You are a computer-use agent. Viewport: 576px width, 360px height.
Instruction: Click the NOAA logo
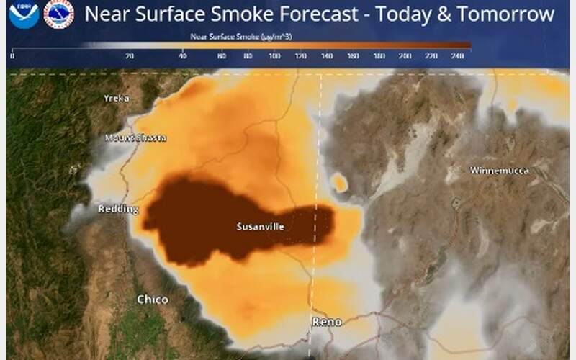(x=24, y=14)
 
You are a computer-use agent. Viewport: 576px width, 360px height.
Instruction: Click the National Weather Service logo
(x=58, y=14)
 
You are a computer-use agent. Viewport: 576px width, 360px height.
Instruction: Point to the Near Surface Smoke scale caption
(x=240, y=35)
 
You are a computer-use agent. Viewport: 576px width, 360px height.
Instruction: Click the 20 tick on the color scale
(x=130, y=55)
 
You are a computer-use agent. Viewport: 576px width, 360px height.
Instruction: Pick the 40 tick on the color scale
(x=182, y=55)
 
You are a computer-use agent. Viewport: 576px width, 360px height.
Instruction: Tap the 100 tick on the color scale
(x=274, y=55)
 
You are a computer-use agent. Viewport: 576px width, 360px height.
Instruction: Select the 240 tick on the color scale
(x=457, y=55)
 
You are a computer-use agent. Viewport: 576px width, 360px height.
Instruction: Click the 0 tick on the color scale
(x=12, y=55)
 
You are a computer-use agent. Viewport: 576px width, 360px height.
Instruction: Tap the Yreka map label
(x=116, y=99)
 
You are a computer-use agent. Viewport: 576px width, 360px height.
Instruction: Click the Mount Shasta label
(x=135, y=138)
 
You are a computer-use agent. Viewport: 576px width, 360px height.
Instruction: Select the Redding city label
(x=118, y=210)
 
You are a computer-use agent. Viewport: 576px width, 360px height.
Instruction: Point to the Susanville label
(x=260, y=227)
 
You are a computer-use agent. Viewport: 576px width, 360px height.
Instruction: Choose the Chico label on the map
(x=153, y=300)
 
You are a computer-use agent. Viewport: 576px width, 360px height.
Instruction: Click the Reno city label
(x=327, y=322)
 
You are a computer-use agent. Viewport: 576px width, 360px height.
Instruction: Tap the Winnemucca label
(x=499, y=171)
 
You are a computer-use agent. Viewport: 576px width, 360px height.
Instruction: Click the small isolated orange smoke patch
(x=338, y=183)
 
